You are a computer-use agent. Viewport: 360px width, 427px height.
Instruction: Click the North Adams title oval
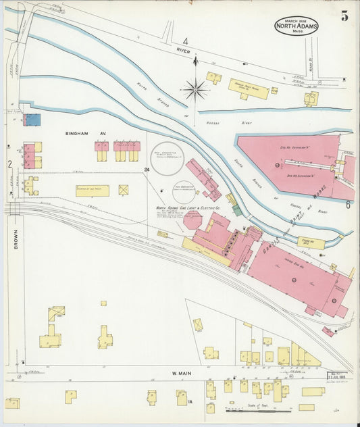tap(297, 26)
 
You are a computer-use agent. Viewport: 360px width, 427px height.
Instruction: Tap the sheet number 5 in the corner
tap(344, 17)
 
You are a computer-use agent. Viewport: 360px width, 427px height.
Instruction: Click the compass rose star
tap(195, 89)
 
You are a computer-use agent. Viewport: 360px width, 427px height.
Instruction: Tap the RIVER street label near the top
tap(183, 51)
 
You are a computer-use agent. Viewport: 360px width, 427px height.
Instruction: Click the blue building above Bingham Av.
tap(32, 120)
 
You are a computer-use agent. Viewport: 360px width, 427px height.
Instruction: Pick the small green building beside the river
tap(236, 210)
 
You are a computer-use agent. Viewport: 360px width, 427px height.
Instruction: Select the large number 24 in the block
tap(147, 169)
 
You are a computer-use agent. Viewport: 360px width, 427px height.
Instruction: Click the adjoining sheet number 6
tap(348, 204)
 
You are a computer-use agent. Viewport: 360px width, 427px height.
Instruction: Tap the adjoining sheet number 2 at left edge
tap(9, 164)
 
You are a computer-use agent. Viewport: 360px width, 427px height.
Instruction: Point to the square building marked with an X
tap(124, 190)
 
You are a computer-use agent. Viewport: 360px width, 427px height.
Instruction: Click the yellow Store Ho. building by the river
tap(311, 242)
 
